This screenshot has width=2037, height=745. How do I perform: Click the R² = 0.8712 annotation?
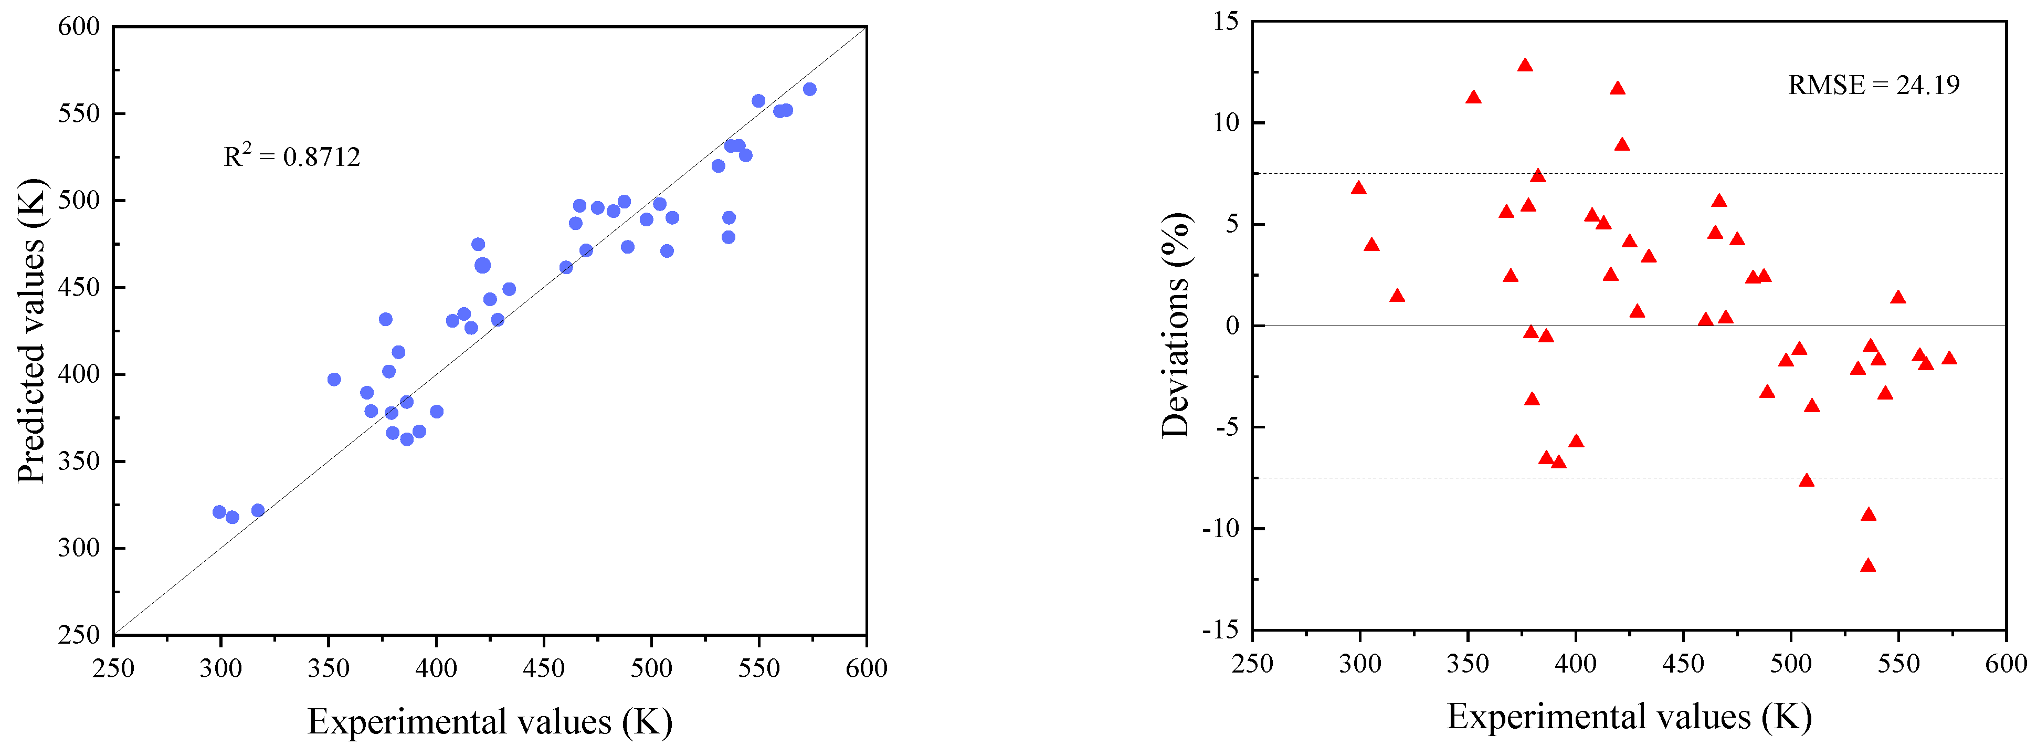tap(292, 156)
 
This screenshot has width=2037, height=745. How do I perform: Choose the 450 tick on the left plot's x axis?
tap(544, 668)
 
